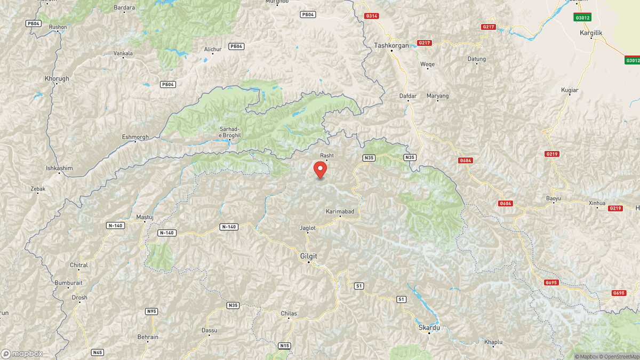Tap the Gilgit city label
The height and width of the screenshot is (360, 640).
pyautogui.click(x=308, y=256)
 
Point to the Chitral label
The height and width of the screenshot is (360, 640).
pyautogui.click(x=78, y=265)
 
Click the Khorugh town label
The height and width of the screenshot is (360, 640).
pyautogui.click(x=57, y=79)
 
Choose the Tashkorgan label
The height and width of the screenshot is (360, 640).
pyautogui.click(x=391, y=46)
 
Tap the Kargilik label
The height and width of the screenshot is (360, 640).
pyautogui.click(x=590, y=33)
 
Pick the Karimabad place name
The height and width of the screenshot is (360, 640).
pyautogui.click(x=340, y=212)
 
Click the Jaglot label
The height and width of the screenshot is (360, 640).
pyautogui.click(x=308, y=228)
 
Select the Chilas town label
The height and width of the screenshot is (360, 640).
pyautogui.click(x=289, y=314)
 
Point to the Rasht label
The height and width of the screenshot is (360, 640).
pyautogui.click(x=326, y=155)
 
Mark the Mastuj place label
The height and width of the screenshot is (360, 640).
pyautogui.click(x=145, y=217)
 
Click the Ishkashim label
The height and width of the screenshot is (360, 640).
pyautogui.click(x=59, y=169)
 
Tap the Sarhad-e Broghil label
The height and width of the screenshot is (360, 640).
pyautogui.click(x=231, y=132)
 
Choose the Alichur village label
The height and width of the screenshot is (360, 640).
pyautogui.click(x=212, y=50)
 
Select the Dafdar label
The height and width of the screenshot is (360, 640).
pyautogui.click(x=407, y=96)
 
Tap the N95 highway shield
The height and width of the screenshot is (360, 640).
pyautogui.click(x=151, y=311)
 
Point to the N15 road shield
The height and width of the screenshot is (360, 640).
pyautogui.click(x=284, y=346)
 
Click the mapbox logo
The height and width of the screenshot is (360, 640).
pyautogui.click(x=22, y=354)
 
